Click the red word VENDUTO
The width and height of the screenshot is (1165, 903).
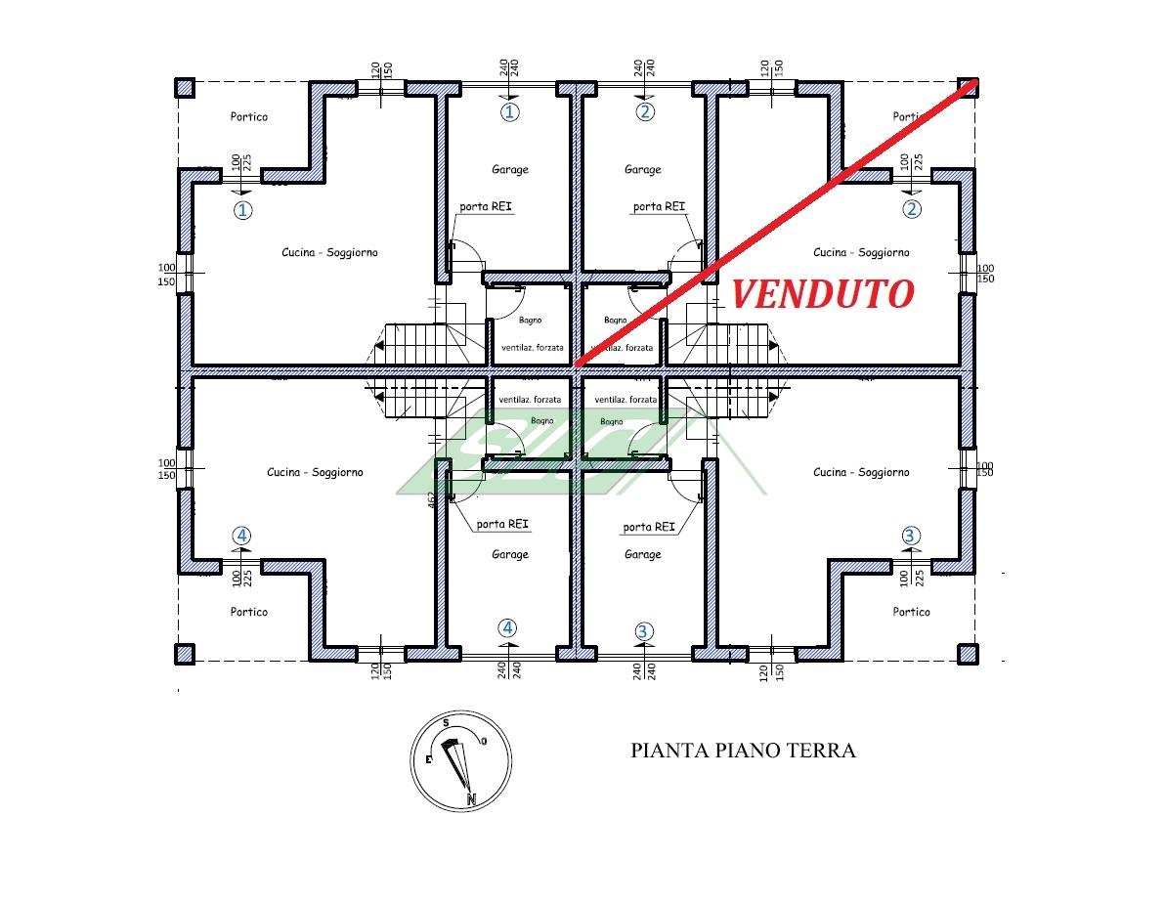823,294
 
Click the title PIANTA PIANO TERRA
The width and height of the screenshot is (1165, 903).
743,751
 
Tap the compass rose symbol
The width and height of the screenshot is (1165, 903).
460,761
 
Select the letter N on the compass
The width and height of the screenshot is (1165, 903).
471,799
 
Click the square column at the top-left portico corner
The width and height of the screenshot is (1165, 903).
185,88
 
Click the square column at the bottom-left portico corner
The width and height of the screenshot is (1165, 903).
185,654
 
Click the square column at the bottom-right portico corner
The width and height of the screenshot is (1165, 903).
968,654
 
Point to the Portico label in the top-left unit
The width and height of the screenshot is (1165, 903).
249,116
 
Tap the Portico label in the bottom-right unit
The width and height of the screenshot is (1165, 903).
911,612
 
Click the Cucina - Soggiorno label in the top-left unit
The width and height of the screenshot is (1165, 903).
329,253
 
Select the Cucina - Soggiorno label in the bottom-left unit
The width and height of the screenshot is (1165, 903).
315,472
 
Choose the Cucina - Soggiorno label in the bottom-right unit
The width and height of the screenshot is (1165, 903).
861,472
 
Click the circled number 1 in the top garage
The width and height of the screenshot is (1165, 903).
510,112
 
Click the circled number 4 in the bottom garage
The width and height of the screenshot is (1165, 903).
507,628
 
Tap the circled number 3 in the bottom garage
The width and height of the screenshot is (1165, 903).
643,631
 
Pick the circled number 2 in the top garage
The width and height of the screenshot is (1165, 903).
645,112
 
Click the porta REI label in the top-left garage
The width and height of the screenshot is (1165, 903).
486,206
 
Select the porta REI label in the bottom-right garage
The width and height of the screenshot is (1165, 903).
649,527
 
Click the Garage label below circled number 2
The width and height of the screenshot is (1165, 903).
643,169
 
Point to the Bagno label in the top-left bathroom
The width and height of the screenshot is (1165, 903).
531,321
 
